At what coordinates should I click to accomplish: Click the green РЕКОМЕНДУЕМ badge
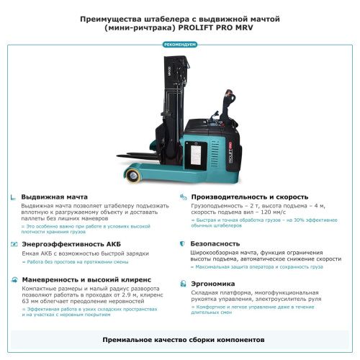(x=180, y=45)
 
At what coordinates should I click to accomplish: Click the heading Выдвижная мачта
(x=54, y=197)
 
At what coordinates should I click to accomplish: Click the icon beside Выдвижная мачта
(x=14, y=197)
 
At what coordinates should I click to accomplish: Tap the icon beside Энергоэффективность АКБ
(x=14, y=244)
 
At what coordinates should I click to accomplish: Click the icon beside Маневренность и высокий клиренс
(x=14, y=279)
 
